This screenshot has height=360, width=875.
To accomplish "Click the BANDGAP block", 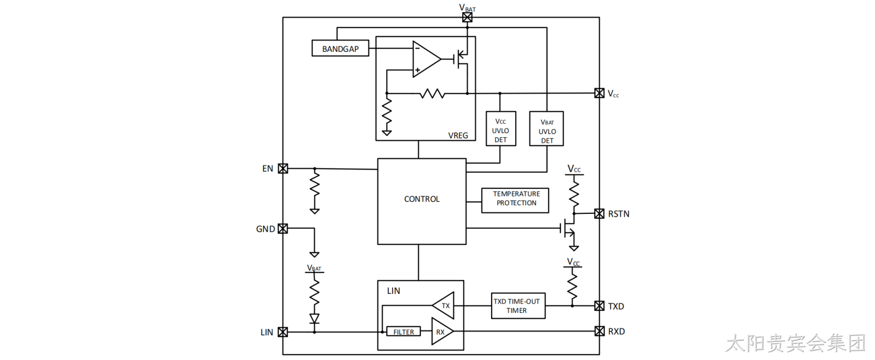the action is [340, 49].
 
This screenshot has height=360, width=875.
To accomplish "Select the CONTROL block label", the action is [422, 199].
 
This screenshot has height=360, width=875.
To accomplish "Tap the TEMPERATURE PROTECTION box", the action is [515, 201].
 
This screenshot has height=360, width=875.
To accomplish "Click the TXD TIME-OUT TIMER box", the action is [518, 306].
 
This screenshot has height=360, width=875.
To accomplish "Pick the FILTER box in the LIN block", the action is [404, 332].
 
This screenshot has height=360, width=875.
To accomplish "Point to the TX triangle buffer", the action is [444, 305].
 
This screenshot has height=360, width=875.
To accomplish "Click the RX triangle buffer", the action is [442, 332].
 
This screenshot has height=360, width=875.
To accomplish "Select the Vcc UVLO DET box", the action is [501, 129].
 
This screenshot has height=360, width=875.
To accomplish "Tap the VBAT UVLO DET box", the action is [546, 129].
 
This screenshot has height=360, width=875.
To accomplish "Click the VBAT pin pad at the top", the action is [467, 17].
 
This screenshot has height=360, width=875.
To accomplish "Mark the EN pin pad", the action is [283, 169].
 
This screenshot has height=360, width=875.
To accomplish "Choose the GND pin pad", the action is [283, 229].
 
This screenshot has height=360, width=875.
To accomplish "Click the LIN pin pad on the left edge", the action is [283, 332].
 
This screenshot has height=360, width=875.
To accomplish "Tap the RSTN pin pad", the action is [599, 213].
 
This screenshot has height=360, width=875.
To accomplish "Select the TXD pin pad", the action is [599, 306].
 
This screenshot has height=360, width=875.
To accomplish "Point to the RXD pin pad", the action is [599, 331].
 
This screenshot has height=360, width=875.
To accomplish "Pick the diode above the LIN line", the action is [314, 318].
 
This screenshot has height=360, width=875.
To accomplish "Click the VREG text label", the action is [458, 135].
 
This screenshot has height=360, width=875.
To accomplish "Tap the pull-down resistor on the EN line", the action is [314, 185].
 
